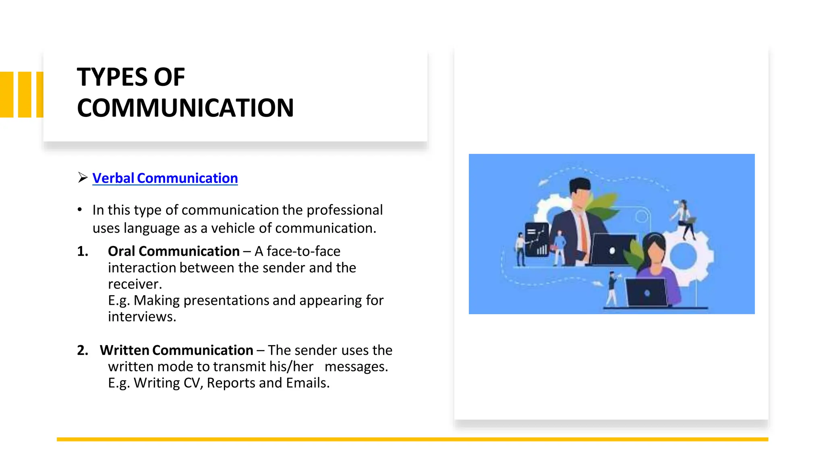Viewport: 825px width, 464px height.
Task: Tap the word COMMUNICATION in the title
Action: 185,108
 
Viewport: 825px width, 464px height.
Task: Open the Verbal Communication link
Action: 165,178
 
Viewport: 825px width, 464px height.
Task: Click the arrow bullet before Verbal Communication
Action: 83,178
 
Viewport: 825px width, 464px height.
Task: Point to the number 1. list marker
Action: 83,251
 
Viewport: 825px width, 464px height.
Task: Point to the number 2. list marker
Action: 83,350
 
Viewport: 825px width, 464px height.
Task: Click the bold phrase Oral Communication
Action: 174,251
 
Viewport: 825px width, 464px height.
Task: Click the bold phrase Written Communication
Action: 176,350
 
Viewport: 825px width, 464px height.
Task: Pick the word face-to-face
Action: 303,251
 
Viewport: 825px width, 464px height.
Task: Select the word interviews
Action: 142,317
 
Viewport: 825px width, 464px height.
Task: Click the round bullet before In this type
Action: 80,210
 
